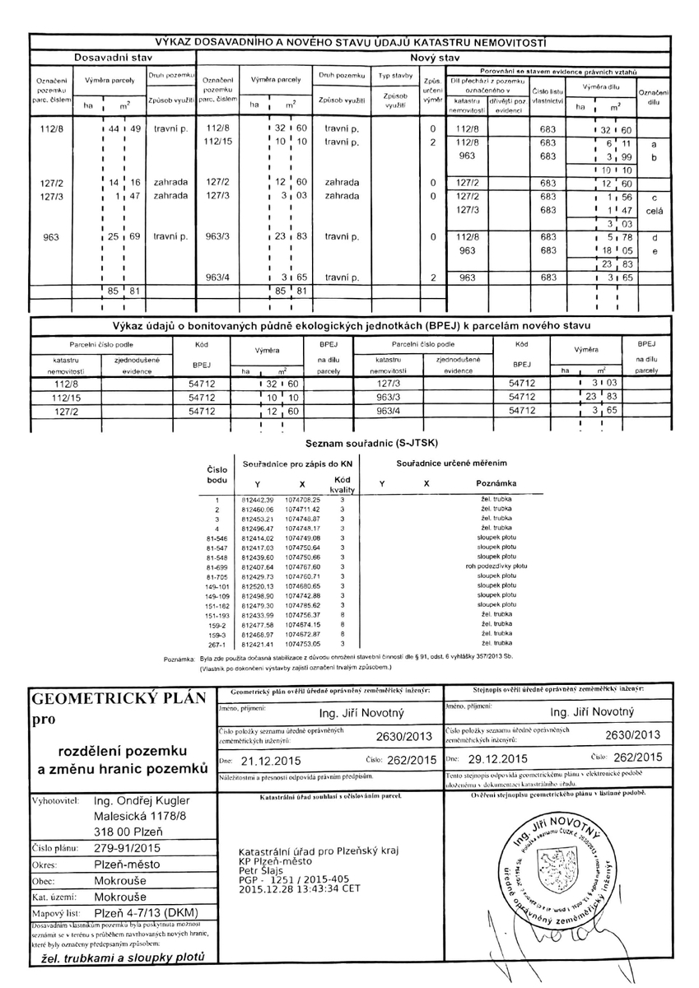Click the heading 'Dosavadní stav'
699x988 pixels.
(113, 58)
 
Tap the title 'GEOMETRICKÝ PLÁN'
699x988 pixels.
(118, 700)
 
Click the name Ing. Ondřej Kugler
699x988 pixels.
(142, 800)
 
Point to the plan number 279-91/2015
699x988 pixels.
(129, 846)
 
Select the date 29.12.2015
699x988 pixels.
(496, 758)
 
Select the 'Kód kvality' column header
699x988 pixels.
(341, 484)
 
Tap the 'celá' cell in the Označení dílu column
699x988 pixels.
(655, 211)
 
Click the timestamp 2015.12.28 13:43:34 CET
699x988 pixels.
(299, 889)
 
